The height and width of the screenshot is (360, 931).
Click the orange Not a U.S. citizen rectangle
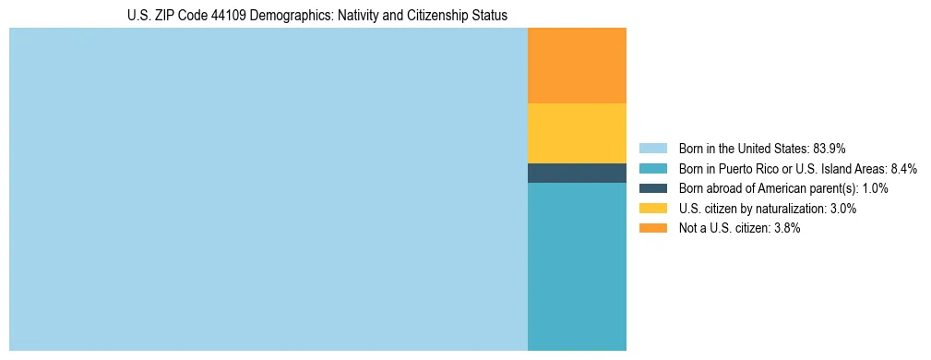pos(577,66)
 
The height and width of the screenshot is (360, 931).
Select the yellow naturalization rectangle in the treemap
pos(577,133)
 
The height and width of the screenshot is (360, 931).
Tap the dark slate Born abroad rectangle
pos(577,173)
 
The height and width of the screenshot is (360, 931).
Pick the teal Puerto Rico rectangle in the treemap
pos(577,267)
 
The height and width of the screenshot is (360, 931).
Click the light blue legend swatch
pos(652,149)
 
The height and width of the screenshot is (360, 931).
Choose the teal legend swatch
pos(652,168)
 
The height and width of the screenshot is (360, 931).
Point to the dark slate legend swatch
pos(652,188)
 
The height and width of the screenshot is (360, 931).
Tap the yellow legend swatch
pos(652,209)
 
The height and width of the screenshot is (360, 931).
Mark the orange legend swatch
pos(652,228)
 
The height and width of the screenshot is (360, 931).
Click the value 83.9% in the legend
pos(830,149)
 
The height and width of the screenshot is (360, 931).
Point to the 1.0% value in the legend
pos(874,188)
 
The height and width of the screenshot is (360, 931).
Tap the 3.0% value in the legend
pos(841,209)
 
